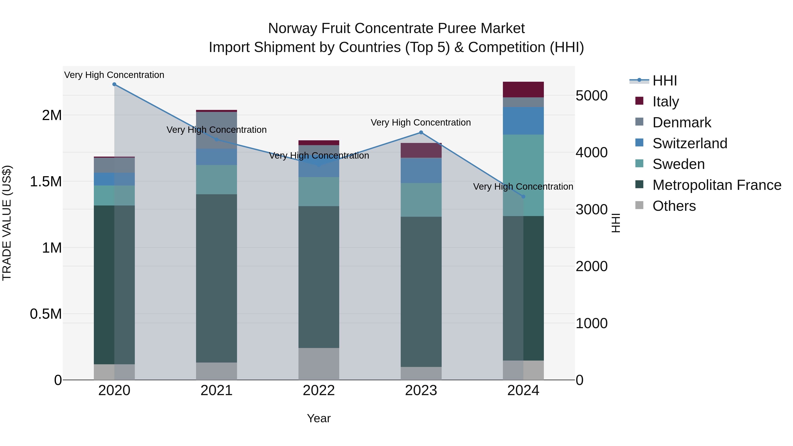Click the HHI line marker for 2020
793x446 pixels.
pyautogui.click(x=114, y=84)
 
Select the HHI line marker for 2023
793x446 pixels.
pyautogui.click(x=421, y=132)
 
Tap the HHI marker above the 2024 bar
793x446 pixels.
pyautogui.click(x=523, y=196)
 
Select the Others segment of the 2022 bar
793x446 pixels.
pyautogui.click(x=319, y=364)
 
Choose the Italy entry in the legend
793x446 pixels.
pyautogui.click(x=665, y=101)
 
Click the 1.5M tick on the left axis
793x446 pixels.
pyautogui.click(x=46, y=182)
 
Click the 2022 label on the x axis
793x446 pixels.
pyautogui.click(x=319, y=390)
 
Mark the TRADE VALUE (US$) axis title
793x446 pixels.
pyautogui.click(x=7, y=223)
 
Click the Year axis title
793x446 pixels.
pyautogui.click(x=319, y=418)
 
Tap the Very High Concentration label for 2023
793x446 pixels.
pyautogui.click(x=421, y=122)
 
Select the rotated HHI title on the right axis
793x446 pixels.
pyautogui.click(x=615, y=223)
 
